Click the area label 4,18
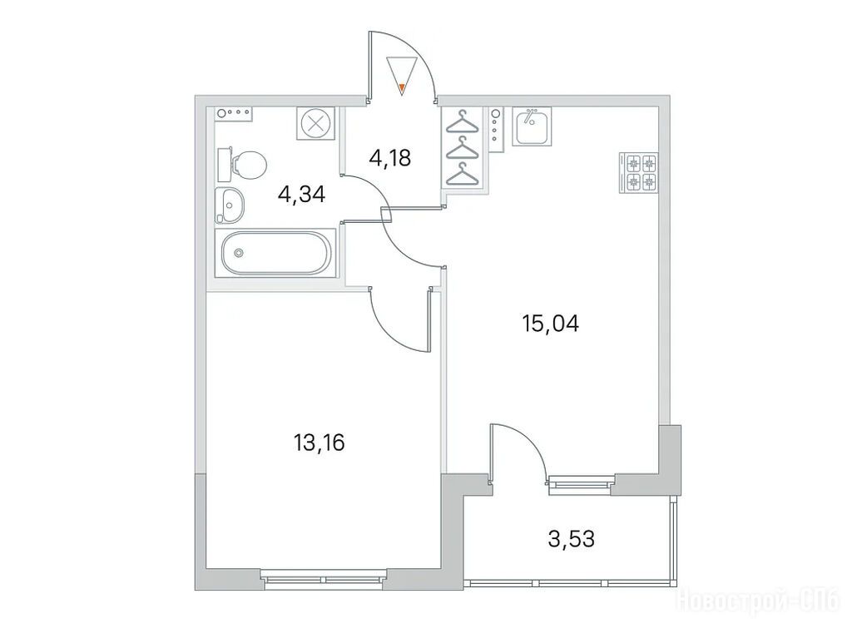[389, 159]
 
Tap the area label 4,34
[301, 194]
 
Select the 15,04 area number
[550, 324]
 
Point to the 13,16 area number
[319, 443]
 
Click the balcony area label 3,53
[571, 539]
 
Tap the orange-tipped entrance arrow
[402, 75]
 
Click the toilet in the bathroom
[242, 164]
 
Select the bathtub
[275, 253]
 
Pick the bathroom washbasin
[230, 205]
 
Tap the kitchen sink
[532, 126]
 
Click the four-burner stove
[639, 172]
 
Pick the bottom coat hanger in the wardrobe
[463, 175]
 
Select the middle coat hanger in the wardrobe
[463, 148]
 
